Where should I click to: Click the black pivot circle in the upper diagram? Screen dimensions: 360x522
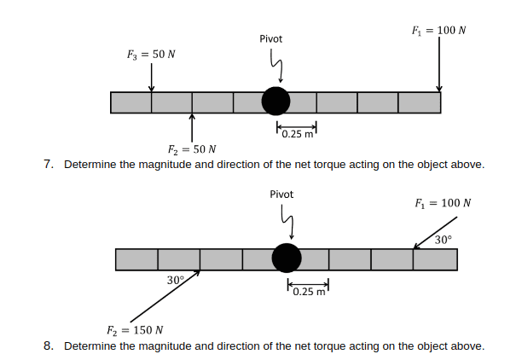[275, 101]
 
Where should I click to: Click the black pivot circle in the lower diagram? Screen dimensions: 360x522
[286, 258]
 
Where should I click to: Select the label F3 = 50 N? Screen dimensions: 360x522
[152, 54]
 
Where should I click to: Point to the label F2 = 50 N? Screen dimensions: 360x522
[192, 149]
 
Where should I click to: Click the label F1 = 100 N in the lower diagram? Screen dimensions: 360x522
[443, 204]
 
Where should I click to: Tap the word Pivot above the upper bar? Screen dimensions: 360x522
[271, 38]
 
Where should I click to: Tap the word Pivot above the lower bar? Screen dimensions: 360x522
[281, 195]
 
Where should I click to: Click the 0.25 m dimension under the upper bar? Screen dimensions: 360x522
[296, 133]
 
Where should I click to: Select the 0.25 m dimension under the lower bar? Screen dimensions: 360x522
[307, 292]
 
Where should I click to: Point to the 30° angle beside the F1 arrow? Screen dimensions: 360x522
[443, 240]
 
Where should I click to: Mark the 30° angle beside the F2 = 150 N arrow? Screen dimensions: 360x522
[176, 280]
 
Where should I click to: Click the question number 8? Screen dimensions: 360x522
[49, 345]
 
